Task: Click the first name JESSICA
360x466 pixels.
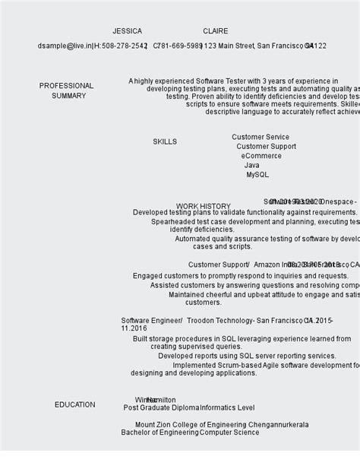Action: [127, 31]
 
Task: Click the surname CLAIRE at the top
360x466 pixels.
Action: [215, 31]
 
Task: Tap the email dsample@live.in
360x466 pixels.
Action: [63, 46]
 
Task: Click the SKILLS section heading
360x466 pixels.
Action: [164, 142]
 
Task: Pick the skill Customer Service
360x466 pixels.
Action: [260, 138]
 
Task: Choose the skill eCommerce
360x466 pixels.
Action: [261, 156]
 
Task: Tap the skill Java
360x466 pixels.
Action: [251, 165]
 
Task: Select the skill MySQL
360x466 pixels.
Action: [257, 175]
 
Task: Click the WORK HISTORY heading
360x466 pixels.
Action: [203, 206]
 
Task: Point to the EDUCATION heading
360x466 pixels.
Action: [74, 405]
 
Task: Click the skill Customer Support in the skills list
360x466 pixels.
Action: [266, 147]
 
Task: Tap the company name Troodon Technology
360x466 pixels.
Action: [219, 321]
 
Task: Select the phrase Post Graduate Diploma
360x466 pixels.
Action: [161, 408]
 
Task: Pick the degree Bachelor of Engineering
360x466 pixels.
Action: [159, 433]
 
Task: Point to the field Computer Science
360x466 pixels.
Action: [229, 433]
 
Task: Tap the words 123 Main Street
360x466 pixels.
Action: [227, 46]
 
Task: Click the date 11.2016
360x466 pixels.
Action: [134, 328]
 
